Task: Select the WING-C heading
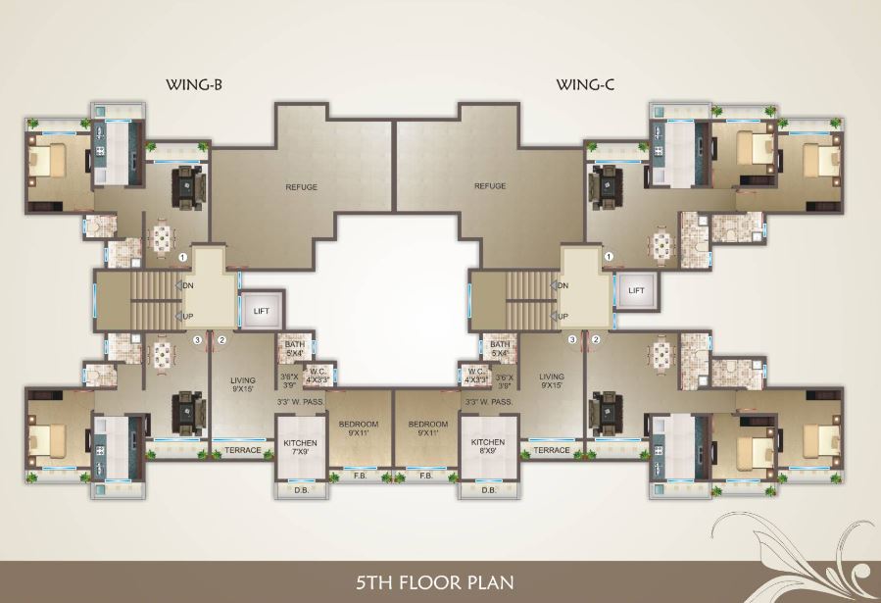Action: click(585, 85)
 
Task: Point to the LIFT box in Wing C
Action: click(637, 291)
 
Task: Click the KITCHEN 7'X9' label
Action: click(299, 447)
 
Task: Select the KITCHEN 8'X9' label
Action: click(487, 447)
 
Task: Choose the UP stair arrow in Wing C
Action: click(561, 316)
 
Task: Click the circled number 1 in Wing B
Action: click(183, 258)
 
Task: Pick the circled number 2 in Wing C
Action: click(595, 340)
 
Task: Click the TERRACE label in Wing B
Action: click(243, 450)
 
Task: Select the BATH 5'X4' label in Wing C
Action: click(500, 349)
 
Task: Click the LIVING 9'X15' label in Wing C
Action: click(552, 380)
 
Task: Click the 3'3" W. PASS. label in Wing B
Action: click(300, 402)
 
